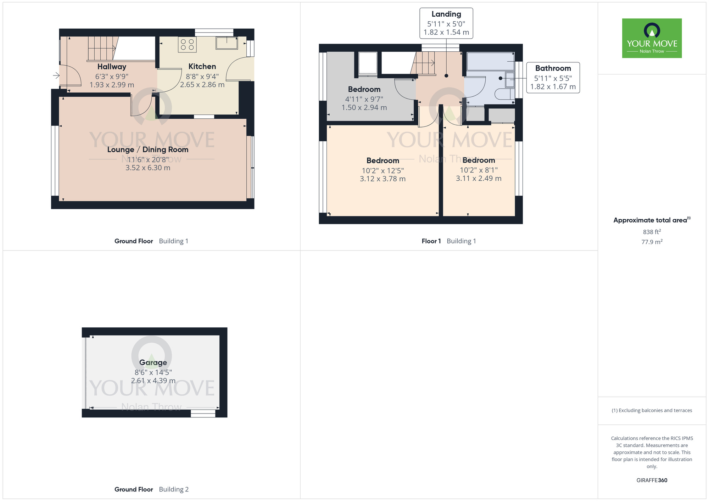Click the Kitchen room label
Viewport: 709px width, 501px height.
[x=202, y=67]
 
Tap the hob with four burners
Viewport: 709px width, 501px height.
[x=187, y=45]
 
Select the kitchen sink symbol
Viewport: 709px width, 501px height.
[x=227, y=43]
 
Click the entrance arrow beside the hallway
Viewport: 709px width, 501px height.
[x=56, y=75]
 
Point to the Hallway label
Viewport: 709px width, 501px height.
[x=112, y=67]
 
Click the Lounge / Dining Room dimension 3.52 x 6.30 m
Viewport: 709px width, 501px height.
[x=148, y=168]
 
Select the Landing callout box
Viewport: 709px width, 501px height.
[x=446, y=23]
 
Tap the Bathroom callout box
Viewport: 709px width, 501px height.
[x=553, y=78]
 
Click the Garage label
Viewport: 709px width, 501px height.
[x=153, y=362]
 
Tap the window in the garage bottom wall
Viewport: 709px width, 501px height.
[x=203, y=413]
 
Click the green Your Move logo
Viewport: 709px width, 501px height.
[x=652, y=38]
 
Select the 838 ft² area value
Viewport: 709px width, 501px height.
[x=652, y=232]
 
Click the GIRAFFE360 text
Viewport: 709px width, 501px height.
[x=652, y=480]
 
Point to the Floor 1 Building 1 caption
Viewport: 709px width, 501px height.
[x=448, y=241]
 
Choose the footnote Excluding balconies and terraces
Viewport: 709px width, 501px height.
[x=652, y=410]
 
